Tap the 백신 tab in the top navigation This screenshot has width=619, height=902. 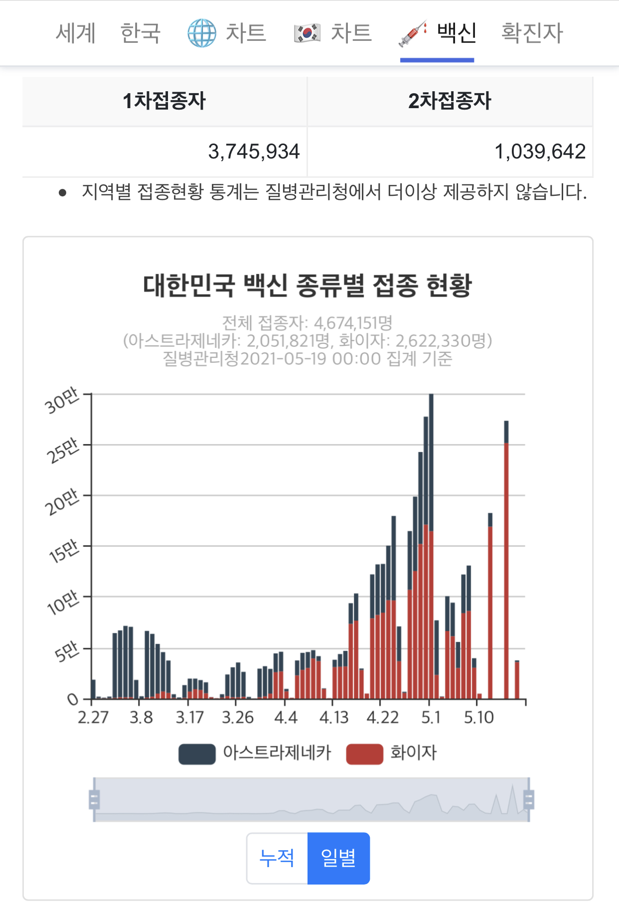point(456,33)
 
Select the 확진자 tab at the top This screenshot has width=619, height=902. point(532,33)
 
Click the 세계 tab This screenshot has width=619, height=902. point(75,33)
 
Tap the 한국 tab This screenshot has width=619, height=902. point(141,33)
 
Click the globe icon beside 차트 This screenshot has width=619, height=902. point(201,33)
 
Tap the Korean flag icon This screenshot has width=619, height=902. point(307,33)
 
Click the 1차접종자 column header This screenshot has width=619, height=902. point(164,101)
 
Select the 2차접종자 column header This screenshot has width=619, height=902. point(450,101)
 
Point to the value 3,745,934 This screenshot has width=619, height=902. point(254,151)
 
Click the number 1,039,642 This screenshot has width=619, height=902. point(540,151)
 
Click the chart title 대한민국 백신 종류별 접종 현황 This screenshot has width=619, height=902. point(307,286)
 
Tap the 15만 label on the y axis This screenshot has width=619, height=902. point(64,552)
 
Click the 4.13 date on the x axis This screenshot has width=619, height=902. point(333,718)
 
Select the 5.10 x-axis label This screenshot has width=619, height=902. point(478,718)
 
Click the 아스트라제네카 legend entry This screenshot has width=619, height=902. point(277,752)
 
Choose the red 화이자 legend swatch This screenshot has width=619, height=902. point(364,753)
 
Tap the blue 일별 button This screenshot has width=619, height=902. point(338,858)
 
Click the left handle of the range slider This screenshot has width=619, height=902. point(94,799)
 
